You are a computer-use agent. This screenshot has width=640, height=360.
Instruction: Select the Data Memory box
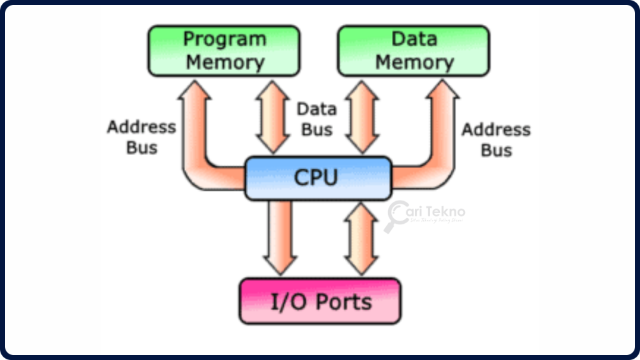click(x=414, y=51)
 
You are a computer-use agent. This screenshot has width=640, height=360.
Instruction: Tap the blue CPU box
click(x=317, y=178)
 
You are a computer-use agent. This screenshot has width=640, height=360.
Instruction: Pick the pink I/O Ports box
click(x=320, y=301)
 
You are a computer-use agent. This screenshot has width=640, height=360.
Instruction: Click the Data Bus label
click(x=316, y=119)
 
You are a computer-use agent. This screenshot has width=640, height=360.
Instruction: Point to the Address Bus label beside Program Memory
click(x=141, y=137)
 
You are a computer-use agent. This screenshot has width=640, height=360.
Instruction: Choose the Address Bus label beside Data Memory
click(x=496, y=139)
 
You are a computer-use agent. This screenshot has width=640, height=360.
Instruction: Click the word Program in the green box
click(x=224, y=39)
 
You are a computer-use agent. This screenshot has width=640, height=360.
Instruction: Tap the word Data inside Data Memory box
click(x=414, y=39)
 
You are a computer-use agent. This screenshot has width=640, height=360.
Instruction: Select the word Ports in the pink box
click(x=344, y=302)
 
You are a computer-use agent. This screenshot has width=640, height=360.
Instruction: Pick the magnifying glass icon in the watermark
click(x=396, y=216)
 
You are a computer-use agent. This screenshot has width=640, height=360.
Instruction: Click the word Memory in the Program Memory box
click(x=225, y=62)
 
